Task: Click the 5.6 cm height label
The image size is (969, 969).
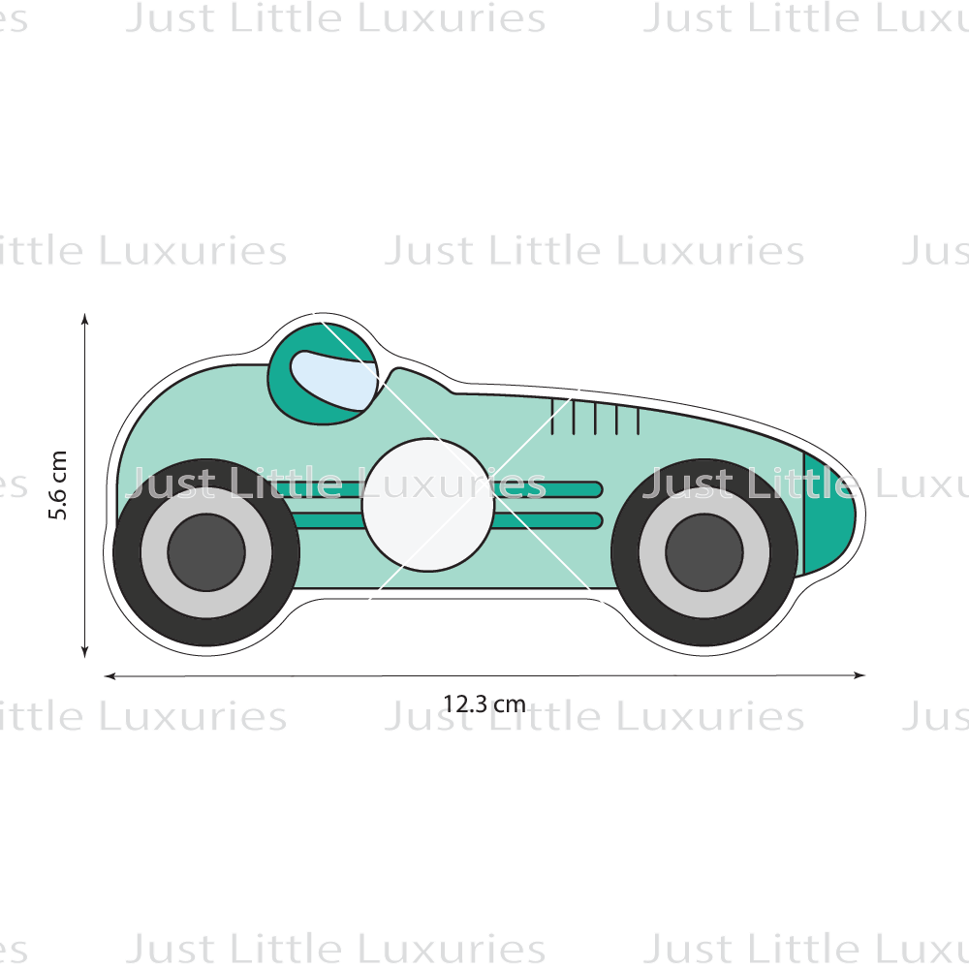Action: pyautogui.click(x=57, y=484)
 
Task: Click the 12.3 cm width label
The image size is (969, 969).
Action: pyautogui.click(x=484, y=703)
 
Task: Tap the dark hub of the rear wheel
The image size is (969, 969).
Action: pyautogui.click(x=206, y=552)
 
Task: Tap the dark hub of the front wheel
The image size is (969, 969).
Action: pyautogui.click(x=704, y=552)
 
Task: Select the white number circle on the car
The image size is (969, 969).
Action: pyautogui.click(x=427, y=504)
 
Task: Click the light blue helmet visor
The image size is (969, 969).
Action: pyautogui.click(x=333, y=380)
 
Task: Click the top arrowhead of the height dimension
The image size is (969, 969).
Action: pyautogui.click(x=84, y=319)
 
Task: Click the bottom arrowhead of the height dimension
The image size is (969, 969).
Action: pyautogui.click(x=84, y=651)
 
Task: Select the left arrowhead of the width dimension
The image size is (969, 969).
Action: pyautogui.click(x=110, y=676)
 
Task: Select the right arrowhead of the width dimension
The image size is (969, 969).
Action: pyautogui.click(x=859, y=675)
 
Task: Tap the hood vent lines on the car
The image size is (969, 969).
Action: pyautogui.click(x=595, y=417)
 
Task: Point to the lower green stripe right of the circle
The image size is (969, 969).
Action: pyautogui.click(x=548, y=521)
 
